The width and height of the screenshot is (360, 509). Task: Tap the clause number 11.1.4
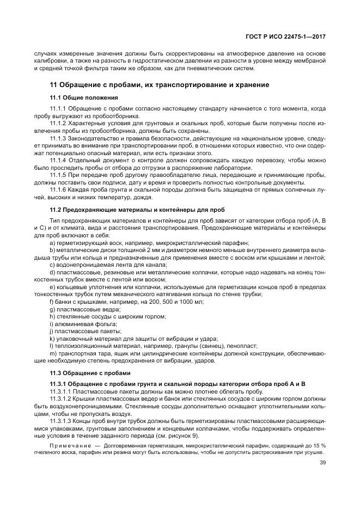[x=58, y=161]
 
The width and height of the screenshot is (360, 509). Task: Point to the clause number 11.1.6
[x=58, y=189]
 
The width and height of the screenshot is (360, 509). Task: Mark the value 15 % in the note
[x=319, y=446]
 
